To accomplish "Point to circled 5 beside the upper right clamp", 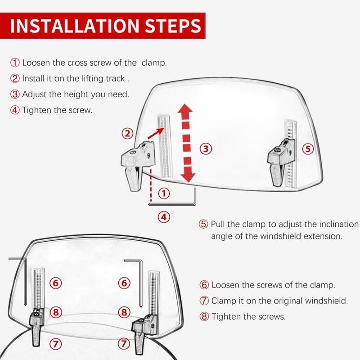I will (x=308, y=148).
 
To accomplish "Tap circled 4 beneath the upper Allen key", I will (x=164, y=217).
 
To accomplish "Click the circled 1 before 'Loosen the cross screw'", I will (x=15, y=63).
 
